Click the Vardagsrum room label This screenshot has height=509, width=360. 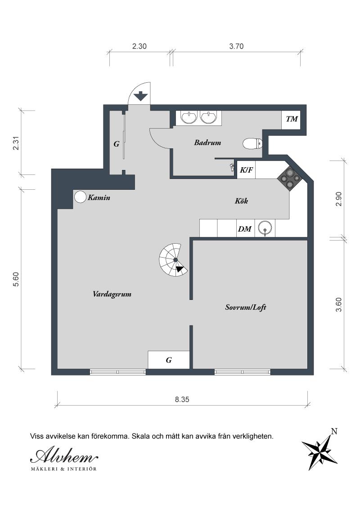click(x=112, y=295)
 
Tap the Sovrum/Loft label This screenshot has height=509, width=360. click(x=246, y=308)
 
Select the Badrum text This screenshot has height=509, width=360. click(x=207, y=143)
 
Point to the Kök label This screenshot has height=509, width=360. click(x=241, y=201)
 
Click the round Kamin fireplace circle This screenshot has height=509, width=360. click(x=80, y=197)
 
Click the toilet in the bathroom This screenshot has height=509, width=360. click(x=252, y=144)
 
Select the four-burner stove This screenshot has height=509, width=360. click(x=288, y=178)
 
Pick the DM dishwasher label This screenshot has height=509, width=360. click(x=244, y=229)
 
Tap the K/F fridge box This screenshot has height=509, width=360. click(x=246, y=170)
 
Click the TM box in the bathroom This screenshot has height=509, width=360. click(x=292, y=119)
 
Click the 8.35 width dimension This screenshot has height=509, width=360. click(x=183, y=399)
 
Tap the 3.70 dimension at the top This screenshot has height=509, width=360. click(x=236, y=46)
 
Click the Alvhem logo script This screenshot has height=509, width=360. click(x=63, y=456)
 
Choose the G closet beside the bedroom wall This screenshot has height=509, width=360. click(x=169, y=360)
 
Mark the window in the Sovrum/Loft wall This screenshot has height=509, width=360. click(x=243, y=372)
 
